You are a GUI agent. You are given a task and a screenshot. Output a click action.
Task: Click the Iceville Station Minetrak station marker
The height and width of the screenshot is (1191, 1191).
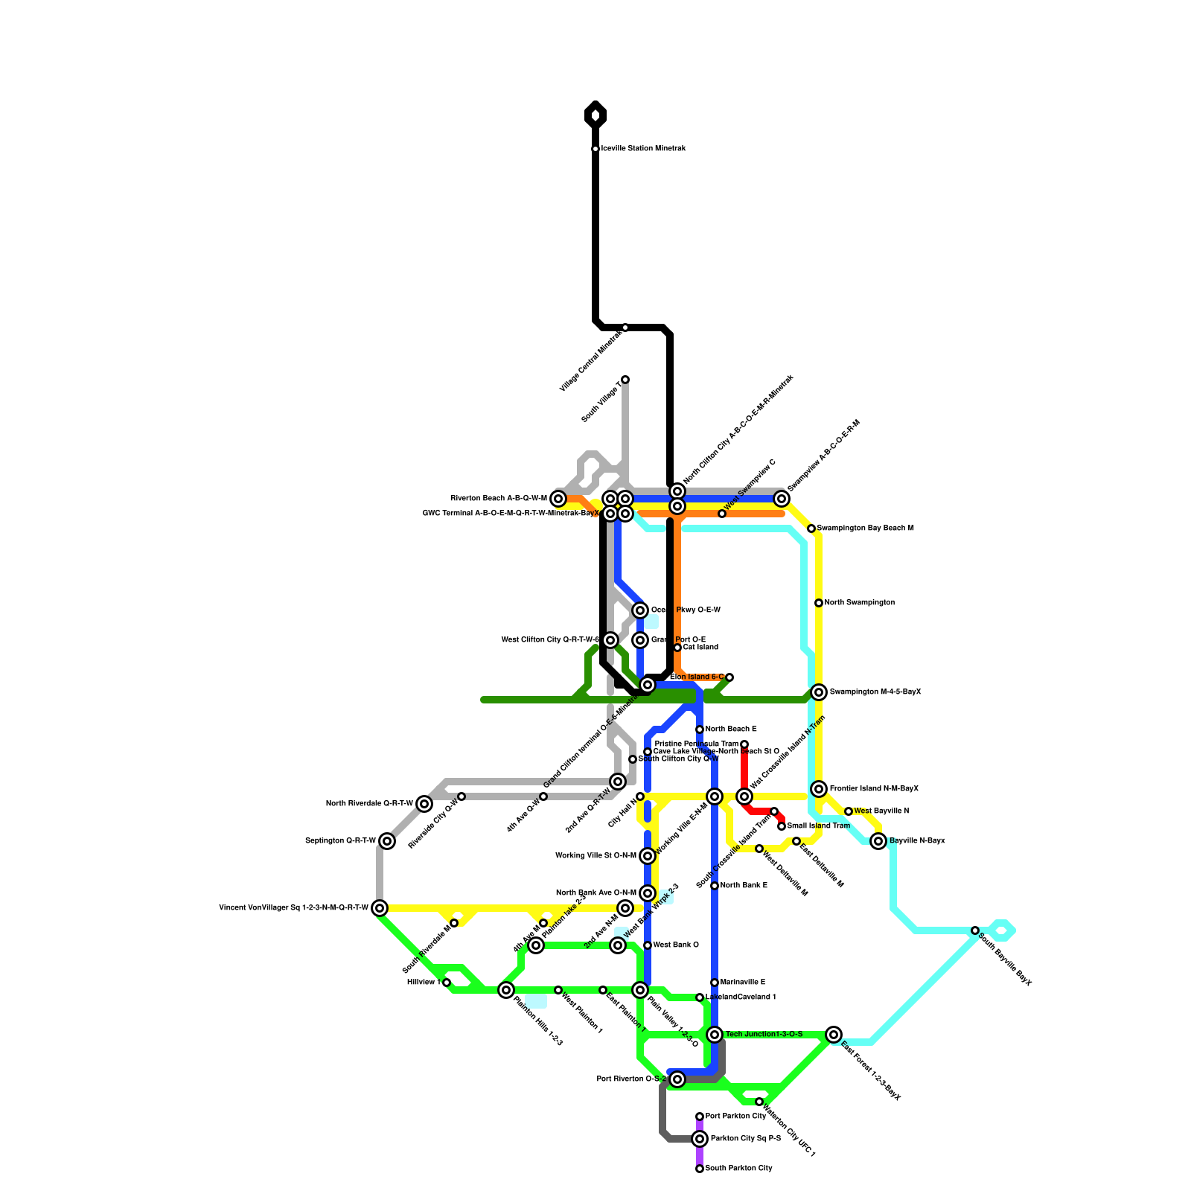[x=595, y=149]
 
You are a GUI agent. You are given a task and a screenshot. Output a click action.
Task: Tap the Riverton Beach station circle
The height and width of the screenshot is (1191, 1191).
[x=558, y=499]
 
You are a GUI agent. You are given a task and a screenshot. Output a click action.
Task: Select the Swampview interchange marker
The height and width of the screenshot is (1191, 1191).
[x=782, y=499]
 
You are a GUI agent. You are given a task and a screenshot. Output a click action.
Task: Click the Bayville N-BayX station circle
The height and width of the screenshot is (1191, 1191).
[x=878, y=841]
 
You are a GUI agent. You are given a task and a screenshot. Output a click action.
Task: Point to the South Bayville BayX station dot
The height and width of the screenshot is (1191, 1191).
[x=975, y=930]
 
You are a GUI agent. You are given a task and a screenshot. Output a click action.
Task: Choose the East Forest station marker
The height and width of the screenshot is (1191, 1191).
[x=834, y=1035]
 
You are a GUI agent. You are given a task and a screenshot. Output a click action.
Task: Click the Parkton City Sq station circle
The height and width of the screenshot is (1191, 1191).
[x=700, y=1139]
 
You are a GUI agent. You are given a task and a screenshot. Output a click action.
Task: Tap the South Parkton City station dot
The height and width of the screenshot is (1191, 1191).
[x=700, y=1169]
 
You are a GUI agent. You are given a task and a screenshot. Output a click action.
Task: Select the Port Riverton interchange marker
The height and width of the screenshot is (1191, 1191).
[x=677, y=1079]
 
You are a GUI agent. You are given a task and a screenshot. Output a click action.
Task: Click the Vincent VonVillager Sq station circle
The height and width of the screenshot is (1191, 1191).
[x=380, y=908]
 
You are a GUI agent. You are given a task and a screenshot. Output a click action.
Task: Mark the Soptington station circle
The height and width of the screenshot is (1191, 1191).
[x=387, y=841]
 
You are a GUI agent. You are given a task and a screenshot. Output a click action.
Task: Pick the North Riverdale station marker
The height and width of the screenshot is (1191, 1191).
[x=424, y=804]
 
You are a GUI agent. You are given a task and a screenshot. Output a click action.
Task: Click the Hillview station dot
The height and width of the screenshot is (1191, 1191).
[x=447, y=983]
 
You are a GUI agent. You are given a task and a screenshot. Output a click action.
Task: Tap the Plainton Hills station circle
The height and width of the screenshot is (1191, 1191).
[x=506, y=990]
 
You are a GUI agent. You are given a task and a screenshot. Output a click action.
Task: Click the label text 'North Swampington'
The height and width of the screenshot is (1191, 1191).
[x=859, y=603]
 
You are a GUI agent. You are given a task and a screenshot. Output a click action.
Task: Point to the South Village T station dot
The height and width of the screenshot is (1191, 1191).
[x=625, y=380]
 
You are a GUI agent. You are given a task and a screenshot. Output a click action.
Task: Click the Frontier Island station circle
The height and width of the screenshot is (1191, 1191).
[x=819, y=789]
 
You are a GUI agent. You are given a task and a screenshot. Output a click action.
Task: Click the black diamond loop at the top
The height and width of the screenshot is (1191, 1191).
[x=595, y=115]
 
